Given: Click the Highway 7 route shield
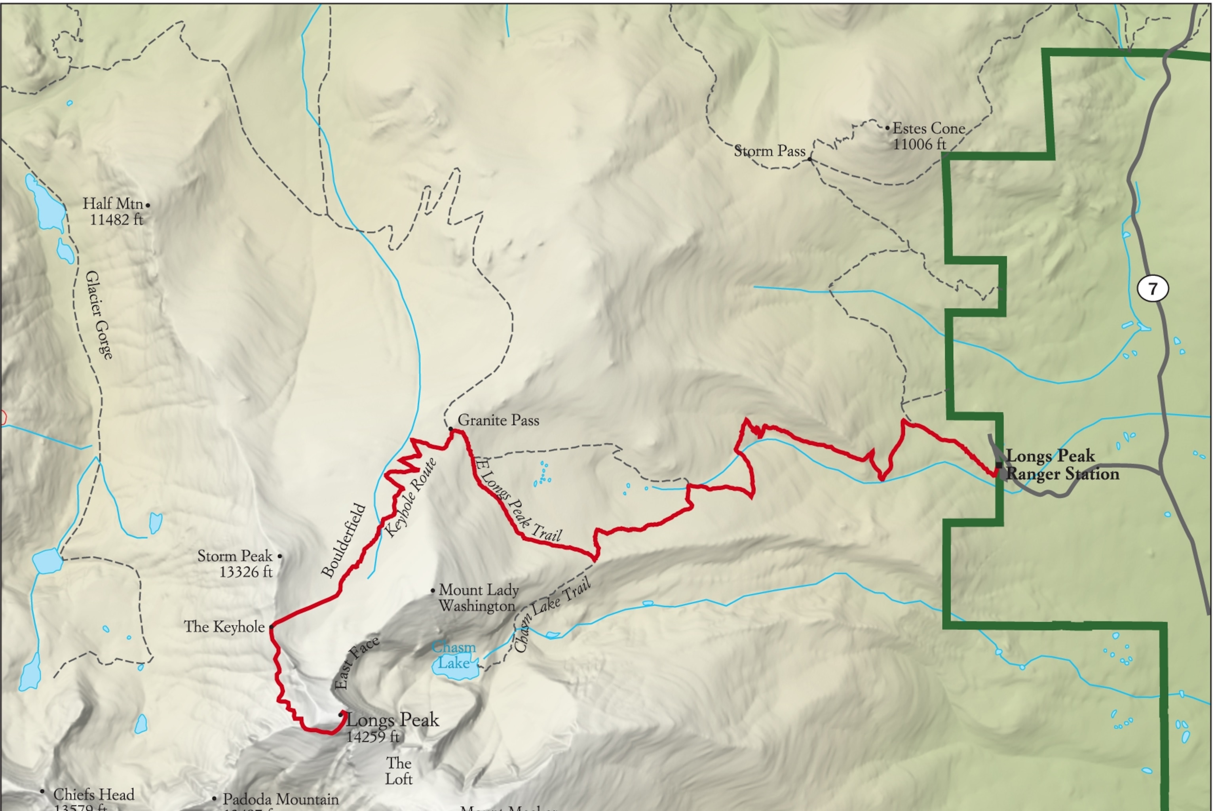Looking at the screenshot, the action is coord(1152,288).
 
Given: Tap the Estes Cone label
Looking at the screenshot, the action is coord(929,128).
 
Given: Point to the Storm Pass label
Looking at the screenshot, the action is coord(769,151).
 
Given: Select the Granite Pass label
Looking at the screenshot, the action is coord(498,420).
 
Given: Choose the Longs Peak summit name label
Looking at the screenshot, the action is coord(392,720).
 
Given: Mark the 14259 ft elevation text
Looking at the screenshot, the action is coord(373,737).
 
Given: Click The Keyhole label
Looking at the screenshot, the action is coord(224,627).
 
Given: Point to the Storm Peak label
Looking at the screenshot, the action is coord(234,556).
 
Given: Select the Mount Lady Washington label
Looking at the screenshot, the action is coord(478,598).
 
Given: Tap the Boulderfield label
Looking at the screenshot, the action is coord(343,540).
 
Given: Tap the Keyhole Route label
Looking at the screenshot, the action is coord(411,497).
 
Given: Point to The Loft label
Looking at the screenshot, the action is coord(399,771).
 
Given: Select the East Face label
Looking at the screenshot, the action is coord(356,663).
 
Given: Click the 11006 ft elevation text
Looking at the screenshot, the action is coord(919,144).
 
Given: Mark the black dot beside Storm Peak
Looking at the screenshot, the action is coord(280,556).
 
